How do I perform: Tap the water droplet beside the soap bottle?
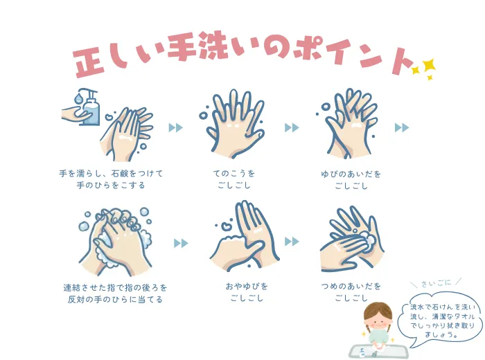(x=78, y=98)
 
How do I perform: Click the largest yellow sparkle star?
(x=429, y=65)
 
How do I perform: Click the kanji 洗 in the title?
(x=213, y=46)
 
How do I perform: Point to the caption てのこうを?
(x=234, y=173)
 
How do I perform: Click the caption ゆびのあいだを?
(x=351, y=174)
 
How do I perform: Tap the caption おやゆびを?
(x=247, y=286)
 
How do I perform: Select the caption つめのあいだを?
(x=351, y=286)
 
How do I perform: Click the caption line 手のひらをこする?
(x=111, y=185)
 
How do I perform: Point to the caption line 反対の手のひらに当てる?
(x=115, y=299)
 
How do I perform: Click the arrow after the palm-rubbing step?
(x=176, y=127)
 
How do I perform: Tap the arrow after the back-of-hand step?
(x=292, y=127)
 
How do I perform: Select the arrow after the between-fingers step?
(x=402, y=127)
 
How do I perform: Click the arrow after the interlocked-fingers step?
(x=181, y=243)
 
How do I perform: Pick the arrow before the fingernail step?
(x=292, y=242)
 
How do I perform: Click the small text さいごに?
(x=436, y=282)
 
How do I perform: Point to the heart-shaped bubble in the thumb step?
(x=227, y=225)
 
